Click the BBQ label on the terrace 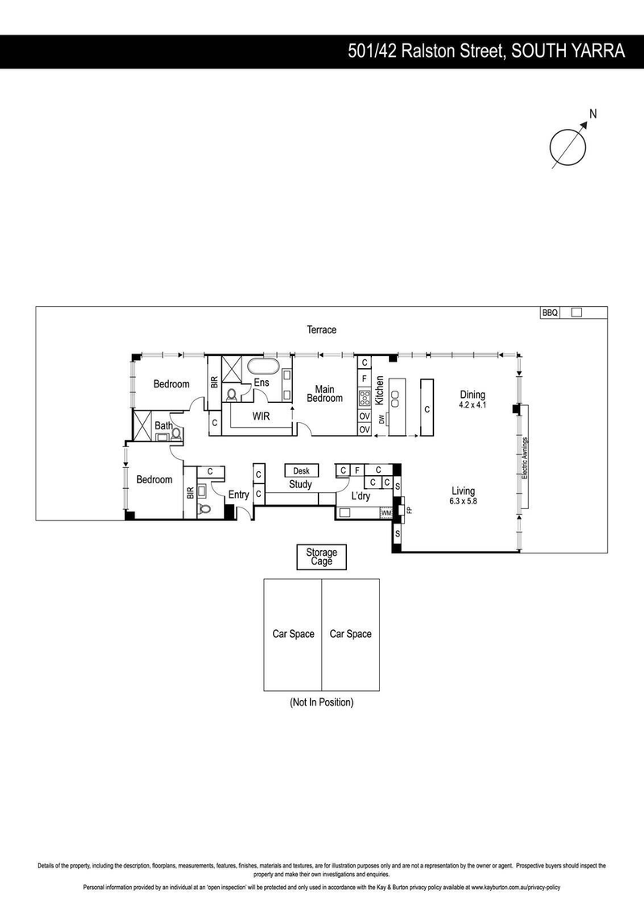point(550,313)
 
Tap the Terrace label point(321,329)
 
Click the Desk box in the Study point(301,470)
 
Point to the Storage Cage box point(321,557)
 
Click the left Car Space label point(293,634)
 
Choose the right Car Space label point(351,634)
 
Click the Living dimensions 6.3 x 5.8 point(463,501)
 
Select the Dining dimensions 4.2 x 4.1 point(473,405)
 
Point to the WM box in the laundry point(386,512)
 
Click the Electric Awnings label point(525,458)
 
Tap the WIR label point(261,416)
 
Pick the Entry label point(239,495)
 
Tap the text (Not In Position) point(321,702)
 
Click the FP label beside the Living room point(409,511)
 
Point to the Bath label point(163,425)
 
